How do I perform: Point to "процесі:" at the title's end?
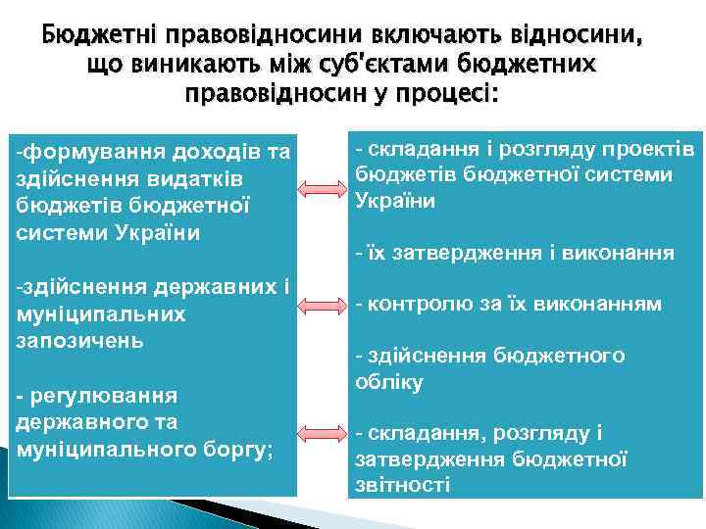[x=457, y=96]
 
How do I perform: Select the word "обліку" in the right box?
[x=389, y=383]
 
